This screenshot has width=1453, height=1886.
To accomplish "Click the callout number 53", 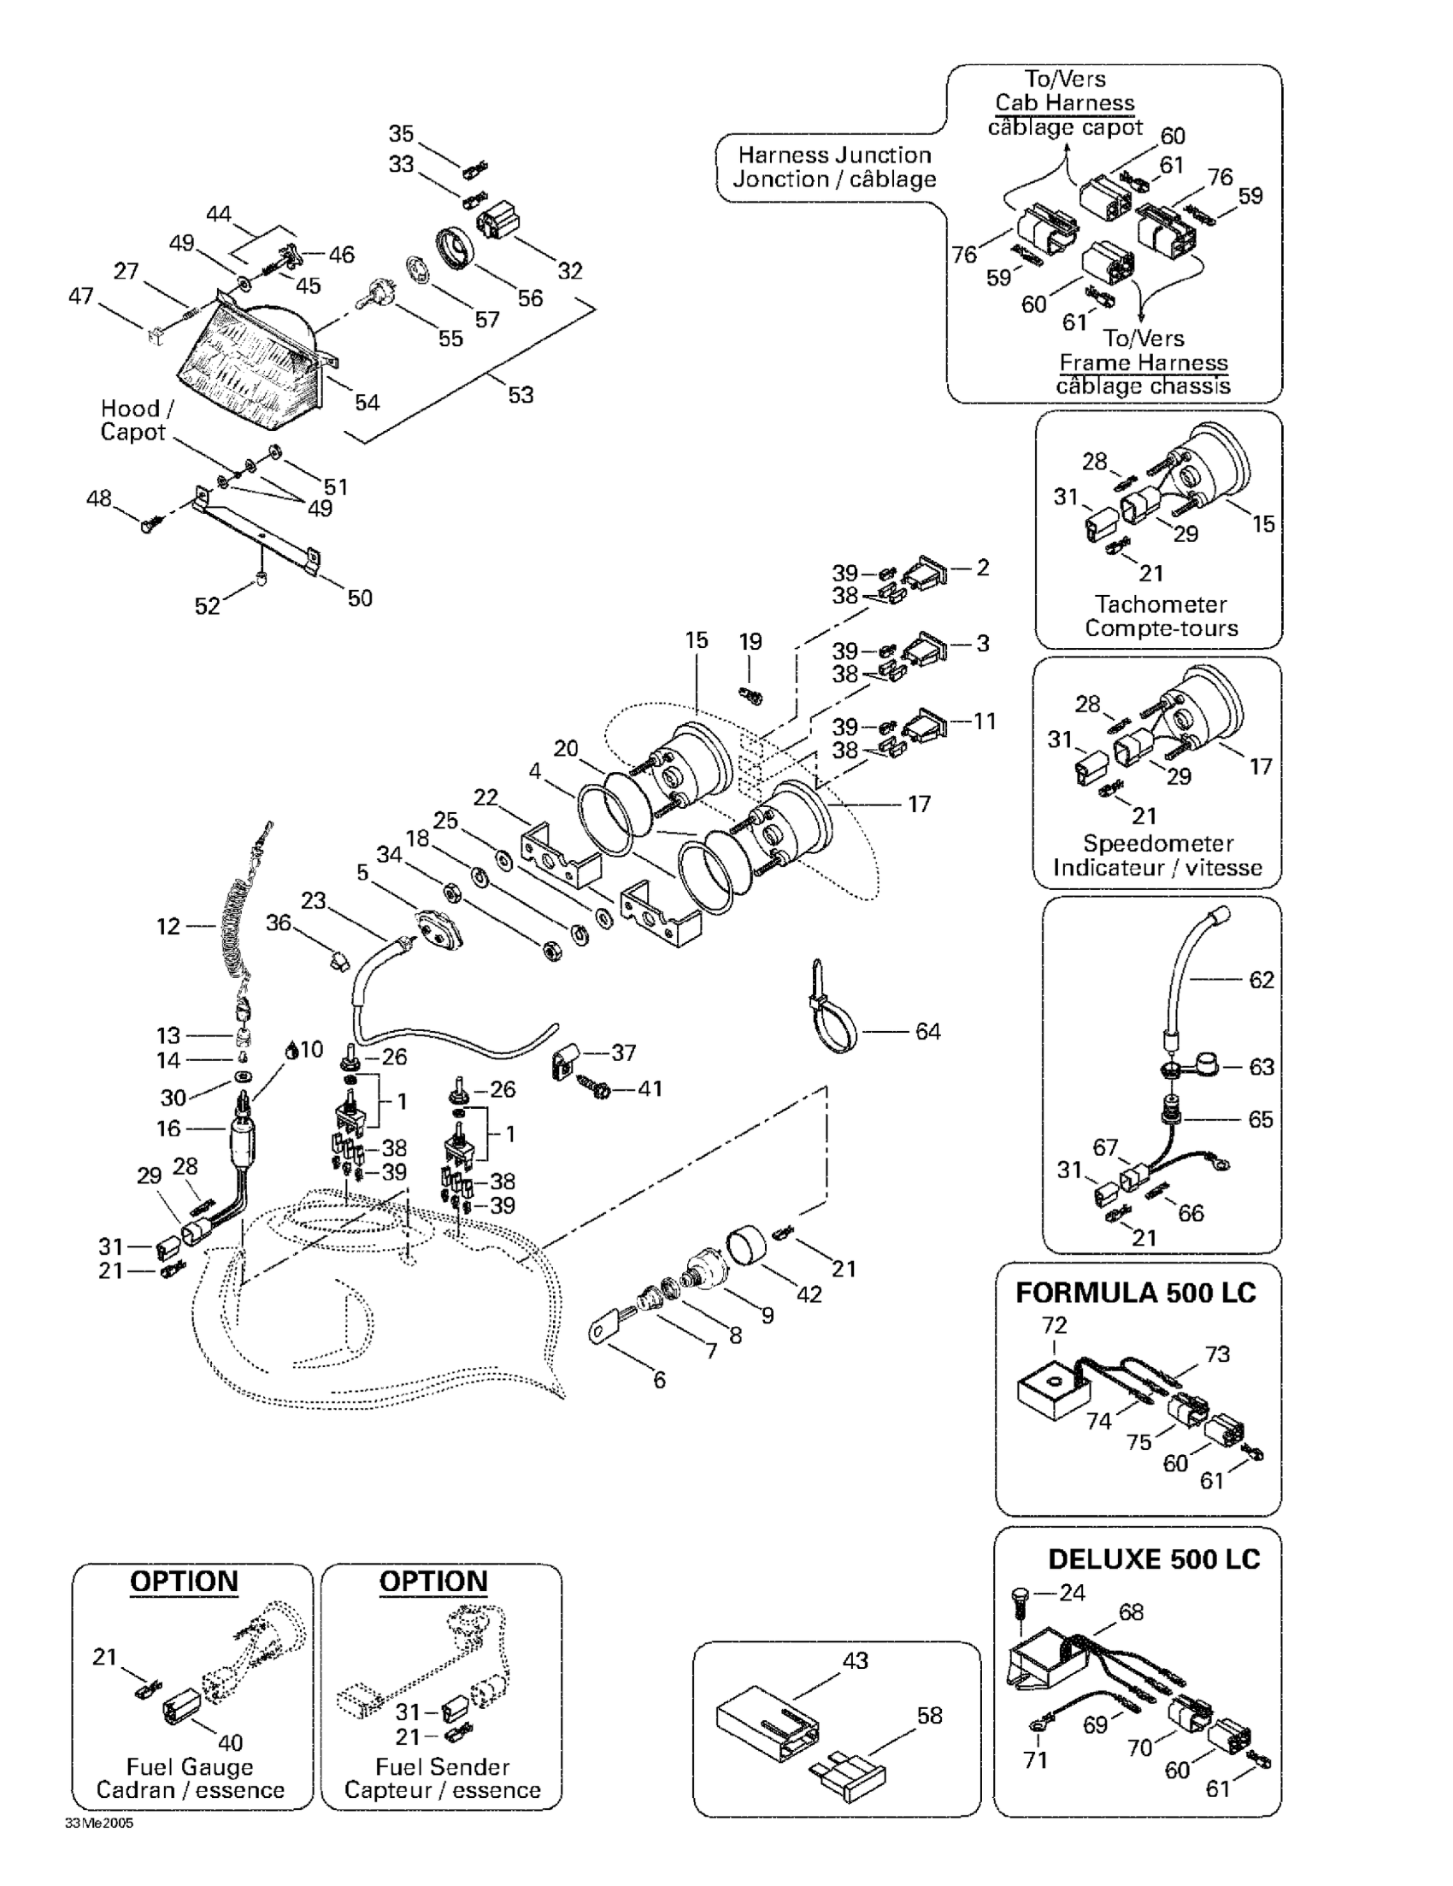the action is [521, 395].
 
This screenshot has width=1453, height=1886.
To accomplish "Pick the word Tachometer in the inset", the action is [1161, 604].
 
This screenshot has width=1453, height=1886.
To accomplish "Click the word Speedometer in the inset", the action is [1158, 843].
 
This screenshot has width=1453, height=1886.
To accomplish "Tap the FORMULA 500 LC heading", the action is [1135, 1293].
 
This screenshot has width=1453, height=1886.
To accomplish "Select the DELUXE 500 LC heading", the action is [1153, 1559].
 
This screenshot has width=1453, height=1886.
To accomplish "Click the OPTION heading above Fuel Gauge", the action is [184, 1581].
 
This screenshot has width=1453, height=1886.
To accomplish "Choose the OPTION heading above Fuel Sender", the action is [433, 1581].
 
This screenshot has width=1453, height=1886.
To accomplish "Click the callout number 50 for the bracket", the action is [359, 598].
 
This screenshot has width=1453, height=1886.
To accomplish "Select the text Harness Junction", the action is [834, 156].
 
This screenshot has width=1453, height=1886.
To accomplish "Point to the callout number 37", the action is [623, 1052].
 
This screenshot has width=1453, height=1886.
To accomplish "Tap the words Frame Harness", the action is [1143, 362].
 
